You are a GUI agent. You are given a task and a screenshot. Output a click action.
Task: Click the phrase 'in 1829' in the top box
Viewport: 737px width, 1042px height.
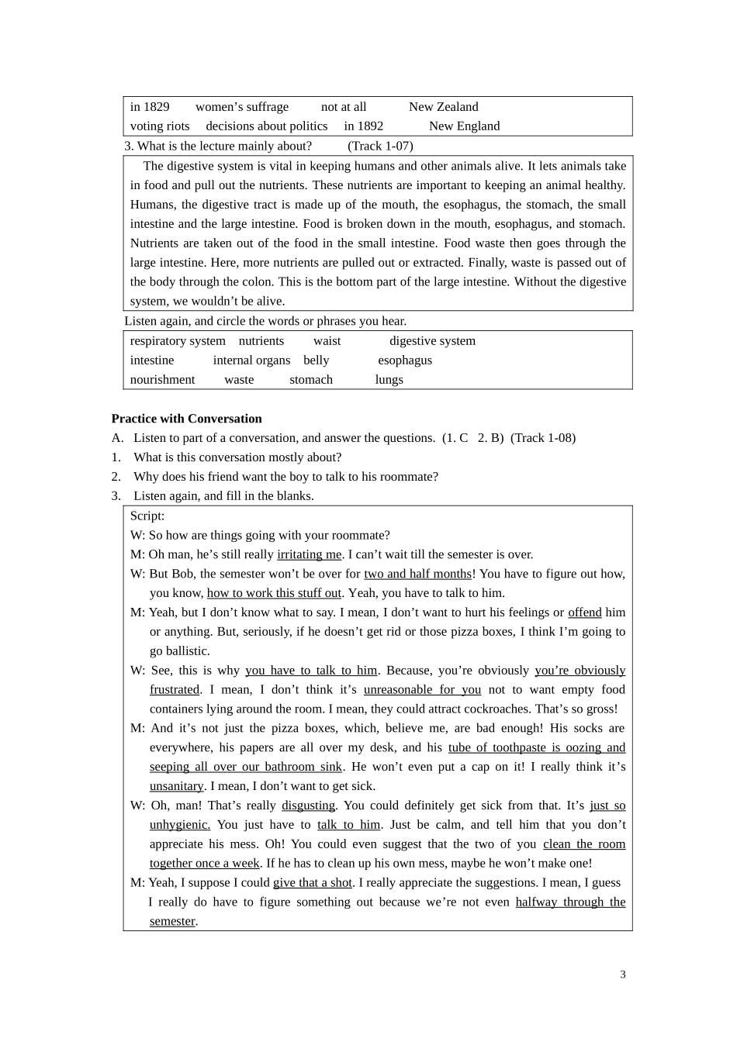[150, 107]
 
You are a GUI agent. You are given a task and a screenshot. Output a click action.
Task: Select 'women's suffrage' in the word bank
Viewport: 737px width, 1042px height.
[242, 107]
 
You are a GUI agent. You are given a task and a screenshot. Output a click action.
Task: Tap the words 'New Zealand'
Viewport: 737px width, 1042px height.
[443, 107]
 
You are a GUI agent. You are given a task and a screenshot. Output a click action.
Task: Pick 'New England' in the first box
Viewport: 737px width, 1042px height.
[464, 126]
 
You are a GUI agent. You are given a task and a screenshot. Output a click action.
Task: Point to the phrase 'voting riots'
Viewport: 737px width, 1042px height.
[160, 126]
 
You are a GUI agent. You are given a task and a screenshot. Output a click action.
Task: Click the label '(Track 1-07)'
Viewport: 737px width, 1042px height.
[380, 146]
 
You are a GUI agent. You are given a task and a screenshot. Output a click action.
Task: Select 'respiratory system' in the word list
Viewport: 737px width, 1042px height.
[178, 341]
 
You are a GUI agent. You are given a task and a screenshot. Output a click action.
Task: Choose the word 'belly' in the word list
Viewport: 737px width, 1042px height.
[317, 361]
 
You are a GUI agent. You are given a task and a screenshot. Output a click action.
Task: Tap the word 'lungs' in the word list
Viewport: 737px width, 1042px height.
[389, 380]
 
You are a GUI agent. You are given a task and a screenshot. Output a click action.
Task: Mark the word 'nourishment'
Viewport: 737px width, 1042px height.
[162, 380]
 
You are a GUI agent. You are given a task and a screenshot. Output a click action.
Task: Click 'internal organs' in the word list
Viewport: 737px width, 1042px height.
[251, 361]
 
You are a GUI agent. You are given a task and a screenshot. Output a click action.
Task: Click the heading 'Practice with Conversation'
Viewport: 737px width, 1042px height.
[187, 419]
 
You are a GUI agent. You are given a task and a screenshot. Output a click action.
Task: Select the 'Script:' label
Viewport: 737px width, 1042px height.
[147, 516]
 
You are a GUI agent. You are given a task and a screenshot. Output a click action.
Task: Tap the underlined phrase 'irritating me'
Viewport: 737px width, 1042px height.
[310, 555]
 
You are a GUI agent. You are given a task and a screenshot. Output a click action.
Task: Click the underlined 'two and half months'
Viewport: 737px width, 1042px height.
[417, 574]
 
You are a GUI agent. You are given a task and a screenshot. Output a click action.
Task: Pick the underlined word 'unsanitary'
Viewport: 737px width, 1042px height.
[176, 786]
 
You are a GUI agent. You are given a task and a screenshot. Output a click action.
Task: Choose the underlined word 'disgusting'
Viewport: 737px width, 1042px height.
[308, 806]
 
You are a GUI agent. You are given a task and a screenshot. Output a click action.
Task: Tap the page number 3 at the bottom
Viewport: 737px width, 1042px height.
[623, 975]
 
